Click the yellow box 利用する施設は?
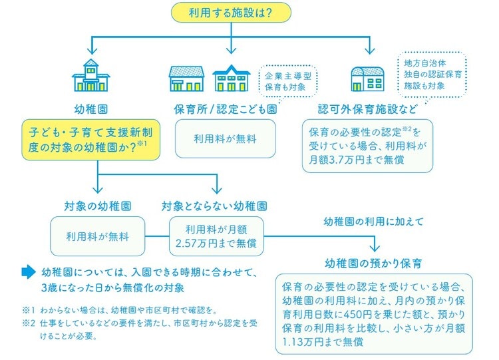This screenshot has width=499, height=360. pos(230,12)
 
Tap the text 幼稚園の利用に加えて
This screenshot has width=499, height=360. pos(373,220)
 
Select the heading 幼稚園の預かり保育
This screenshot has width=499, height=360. pos(373,262)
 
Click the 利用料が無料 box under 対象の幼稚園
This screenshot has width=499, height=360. pos(98,236)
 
